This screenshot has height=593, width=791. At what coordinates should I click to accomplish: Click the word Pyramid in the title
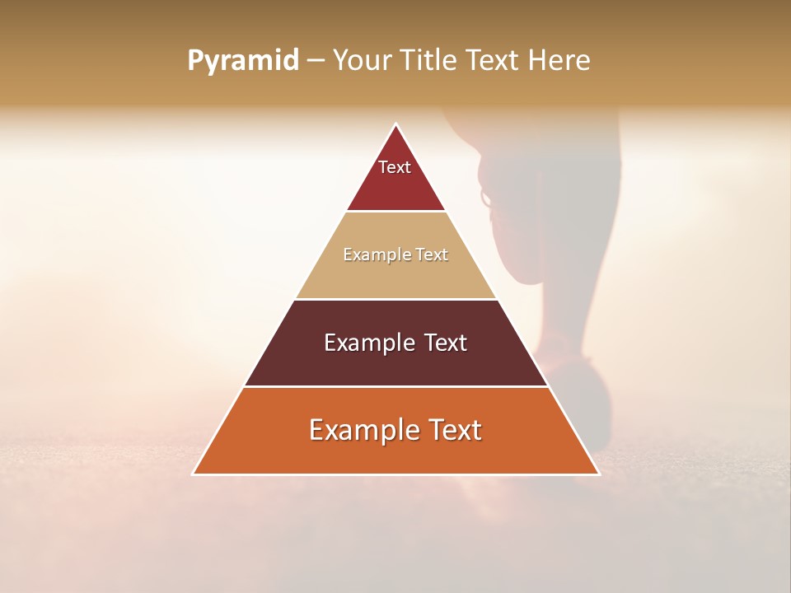(x=243, y=61)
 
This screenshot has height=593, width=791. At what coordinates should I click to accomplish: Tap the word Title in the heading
(x=429, y=60)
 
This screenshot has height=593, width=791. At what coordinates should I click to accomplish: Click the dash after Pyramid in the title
(x=316, y=61)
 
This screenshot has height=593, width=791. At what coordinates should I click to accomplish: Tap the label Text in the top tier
(x=395, y=167)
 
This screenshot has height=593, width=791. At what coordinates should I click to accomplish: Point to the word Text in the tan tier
(x=432, y=255)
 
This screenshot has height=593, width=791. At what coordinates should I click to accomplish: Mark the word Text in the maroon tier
(x=445, y=343)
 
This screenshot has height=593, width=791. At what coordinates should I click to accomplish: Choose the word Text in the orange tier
(x=456, y=430)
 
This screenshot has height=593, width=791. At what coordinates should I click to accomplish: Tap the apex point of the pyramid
(x=395, y=125)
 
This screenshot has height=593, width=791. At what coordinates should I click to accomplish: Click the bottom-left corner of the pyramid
(x=194, y=474)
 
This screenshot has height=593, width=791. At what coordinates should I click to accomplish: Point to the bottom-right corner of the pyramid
(x=598, y=474)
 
